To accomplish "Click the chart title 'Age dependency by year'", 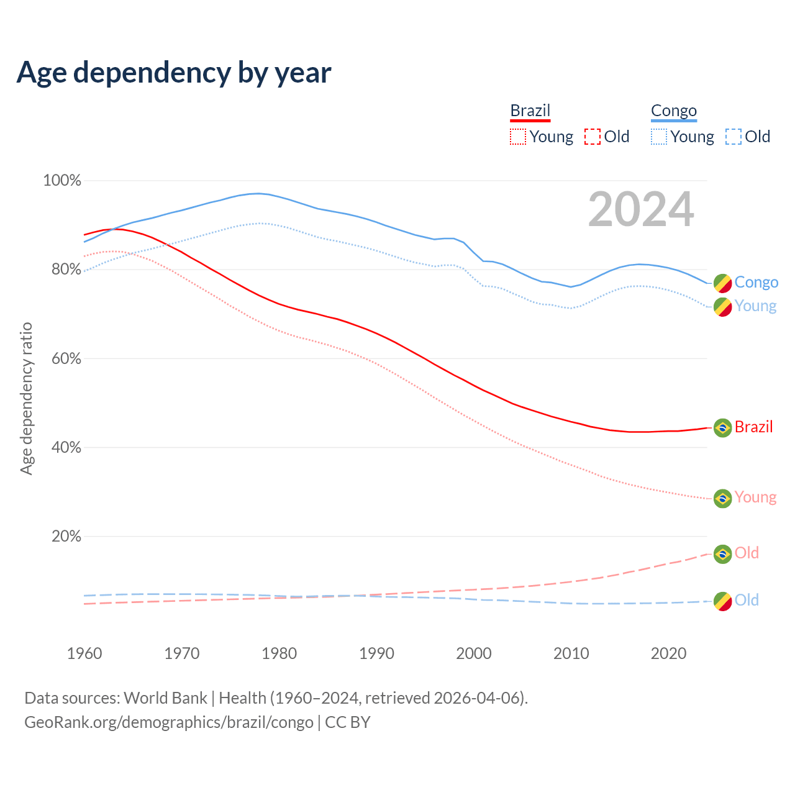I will point(174,73).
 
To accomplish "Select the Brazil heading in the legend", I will point(530,111).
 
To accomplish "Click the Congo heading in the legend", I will point(674,111).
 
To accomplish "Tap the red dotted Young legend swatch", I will point(518,137).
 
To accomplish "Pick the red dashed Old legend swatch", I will point(593,137).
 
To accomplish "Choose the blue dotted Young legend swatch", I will point(659,137).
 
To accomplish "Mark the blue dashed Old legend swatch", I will point(734,137).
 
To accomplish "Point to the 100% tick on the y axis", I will point(62,181).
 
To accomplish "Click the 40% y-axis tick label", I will point(66,448).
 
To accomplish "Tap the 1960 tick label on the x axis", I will point(84,653).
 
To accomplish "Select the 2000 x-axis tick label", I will point(474,653).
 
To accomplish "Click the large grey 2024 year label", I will point(641,210).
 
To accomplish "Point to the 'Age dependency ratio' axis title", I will point(26,398).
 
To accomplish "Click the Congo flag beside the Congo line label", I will point(722,283).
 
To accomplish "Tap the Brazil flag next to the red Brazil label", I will point(722,427).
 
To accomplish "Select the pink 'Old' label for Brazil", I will point(747,553).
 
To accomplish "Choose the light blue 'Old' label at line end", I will point(747,600).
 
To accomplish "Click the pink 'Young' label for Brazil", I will point(755,497).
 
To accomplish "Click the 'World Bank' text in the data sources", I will point(165,698).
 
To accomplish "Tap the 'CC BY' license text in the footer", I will point(348,722).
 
